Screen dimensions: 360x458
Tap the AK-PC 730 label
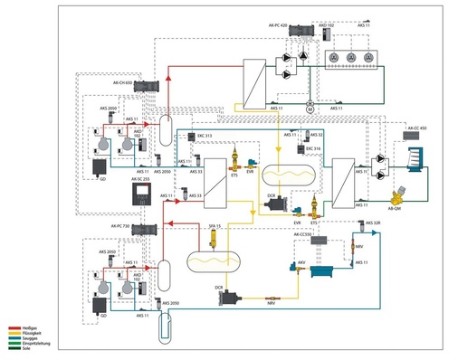click(x=121, y=225)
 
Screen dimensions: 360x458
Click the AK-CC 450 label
click(x=416, y=128)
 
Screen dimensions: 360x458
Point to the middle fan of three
click(x=349, y=56)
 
